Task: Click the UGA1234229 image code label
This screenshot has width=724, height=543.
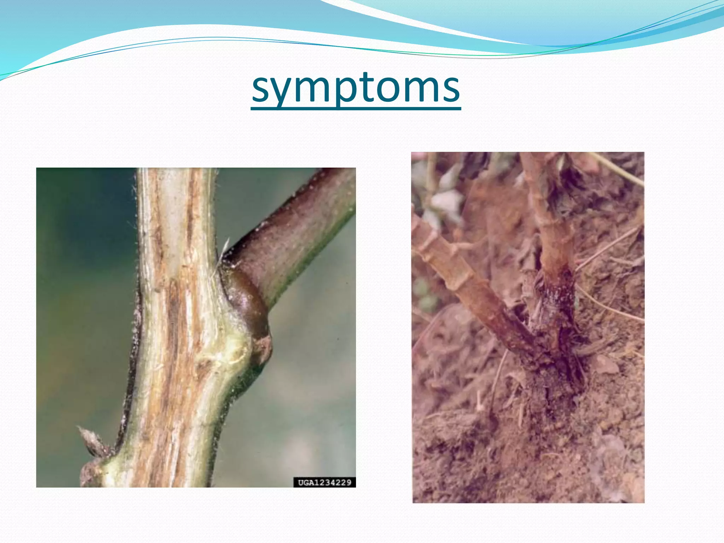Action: (324, 482)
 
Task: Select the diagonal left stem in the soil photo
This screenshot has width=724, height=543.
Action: (470, 283)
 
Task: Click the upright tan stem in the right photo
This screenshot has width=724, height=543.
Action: (551, 219)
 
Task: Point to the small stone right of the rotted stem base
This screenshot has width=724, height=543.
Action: (606, 364)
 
